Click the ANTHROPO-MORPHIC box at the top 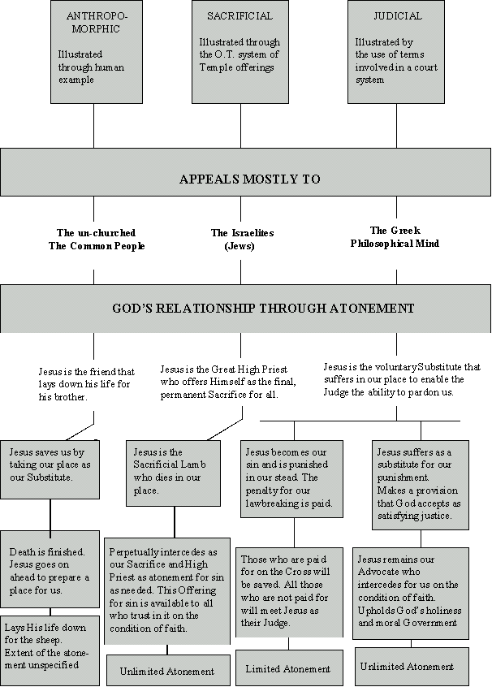coord(97,52)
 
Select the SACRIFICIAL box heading coord(240,16)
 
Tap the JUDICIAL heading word coord(397,16)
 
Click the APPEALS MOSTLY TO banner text coord(250,179)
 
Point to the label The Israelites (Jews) coord(242,240)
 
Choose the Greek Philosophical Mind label coord(395,236)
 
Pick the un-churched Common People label coord(97,240)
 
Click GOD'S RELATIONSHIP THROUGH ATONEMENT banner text coord(263,308)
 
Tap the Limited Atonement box coord(289,668)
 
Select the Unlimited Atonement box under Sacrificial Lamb coord(168,670)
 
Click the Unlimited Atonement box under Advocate coord(412,666)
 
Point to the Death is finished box coord(50,568)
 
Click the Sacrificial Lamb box coord(173,473)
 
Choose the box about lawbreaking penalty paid coord(291,479)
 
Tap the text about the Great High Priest coord(228,382)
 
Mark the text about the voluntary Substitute coord(402,379)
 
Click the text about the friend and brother coord(86,384)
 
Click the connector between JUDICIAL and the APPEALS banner coord(397,126)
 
